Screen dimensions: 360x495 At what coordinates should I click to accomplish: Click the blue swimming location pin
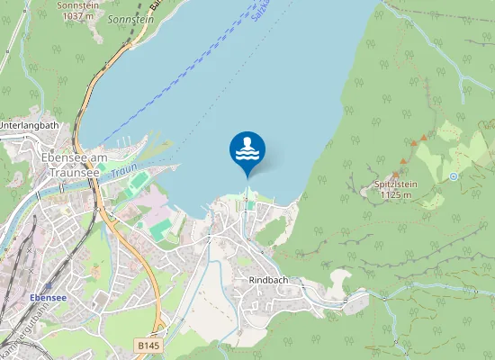point(247,150)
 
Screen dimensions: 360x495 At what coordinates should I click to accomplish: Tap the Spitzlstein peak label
point(396,184)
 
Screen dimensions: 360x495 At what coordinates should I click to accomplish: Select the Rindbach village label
point(266,280)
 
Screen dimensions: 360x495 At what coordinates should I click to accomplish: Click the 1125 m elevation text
point(396,194)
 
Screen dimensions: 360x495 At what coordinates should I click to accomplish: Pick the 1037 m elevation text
point(76,15)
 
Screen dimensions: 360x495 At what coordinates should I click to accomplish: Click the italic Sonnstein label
point(130,18)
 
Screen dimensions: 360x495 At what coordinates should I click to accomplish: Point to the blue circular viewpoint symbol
point(454,176)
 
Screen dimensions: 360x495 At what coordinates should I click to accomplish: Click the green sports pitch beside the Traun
point(138,182)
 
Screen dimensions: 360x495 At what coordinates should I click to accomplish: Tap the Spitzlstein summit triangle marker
point(393,174)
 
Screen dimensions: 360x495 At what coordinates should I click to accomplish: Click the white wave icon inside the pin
point(247,154)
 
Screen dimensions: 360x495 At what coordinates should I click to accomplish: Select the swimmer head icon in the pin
point(247,141)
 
